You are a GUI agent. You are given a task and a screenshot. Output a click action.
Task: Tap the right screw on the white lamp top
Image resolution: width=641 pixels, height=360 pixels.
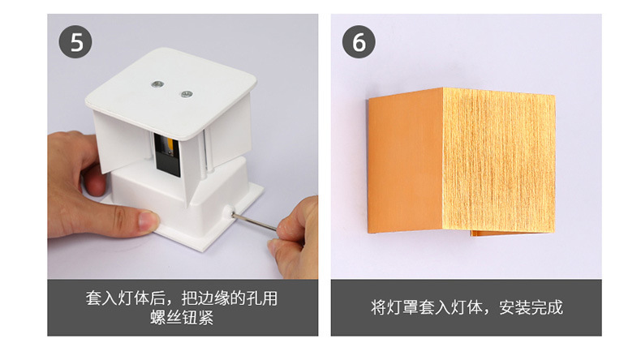pos(186,93)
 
